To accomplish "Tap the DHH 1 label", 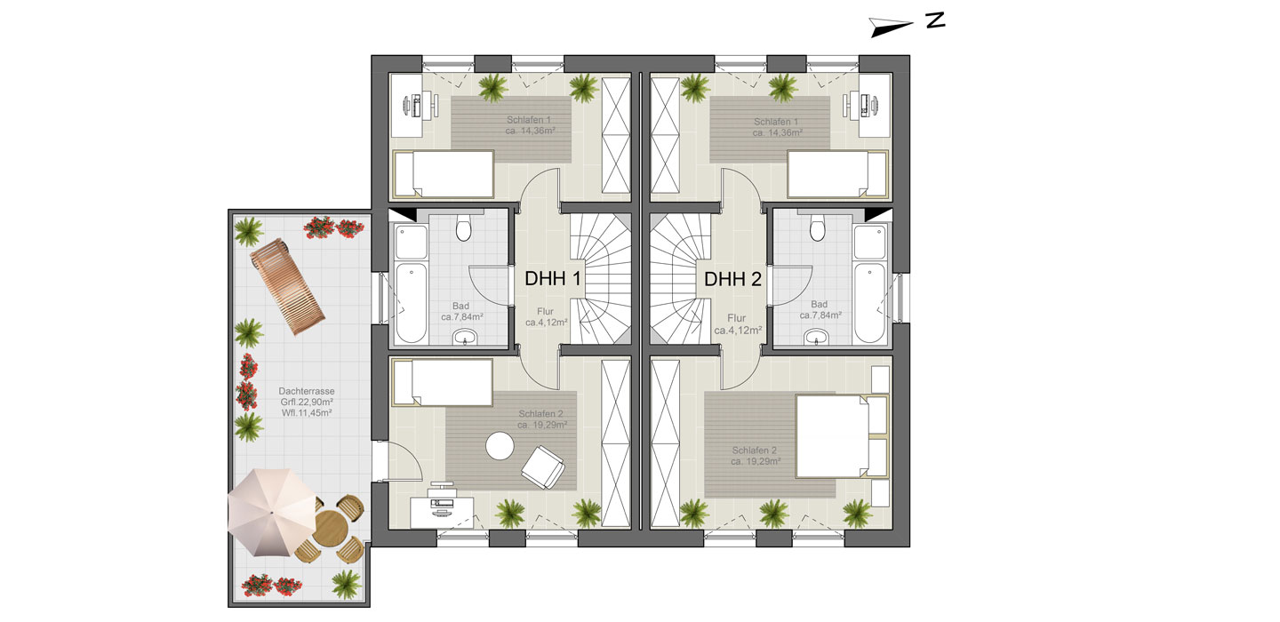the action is (x=553, y=279).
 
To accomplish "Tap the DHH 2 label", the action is (x=732, y=279).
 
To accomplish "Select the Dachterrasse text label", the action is (x=307, y=391).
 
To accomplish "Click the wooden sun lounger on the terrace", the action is (x=287, y=287).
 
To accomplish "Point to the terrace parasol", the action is (x=272, y=513).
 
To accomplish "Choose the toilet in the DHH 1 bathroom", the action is (x=463, y=227).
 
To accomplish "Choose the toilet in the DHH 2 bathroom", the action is (x=818, y=227).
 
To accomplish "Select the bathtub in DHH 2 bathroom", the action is (x=870, y=303).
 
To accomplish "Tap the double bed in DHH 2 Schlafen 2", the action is (x=842, y=435).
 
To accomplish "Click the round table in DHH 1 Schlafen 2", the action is (x=500, y=445).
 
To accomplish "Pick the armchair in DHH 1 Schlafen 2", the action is (x=543, y=467).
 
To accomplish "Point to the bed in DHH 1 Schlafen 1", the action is (x=444, y=174).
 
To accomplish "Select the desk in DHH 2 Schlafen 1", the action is (x=875, y=106).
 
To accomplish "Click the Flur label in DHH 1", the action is (x=545, y=311).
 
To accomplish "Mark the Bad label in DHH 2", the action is (x=819, y=305).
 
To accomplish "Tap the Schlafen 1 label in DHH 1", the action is (x=529, y=120).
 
